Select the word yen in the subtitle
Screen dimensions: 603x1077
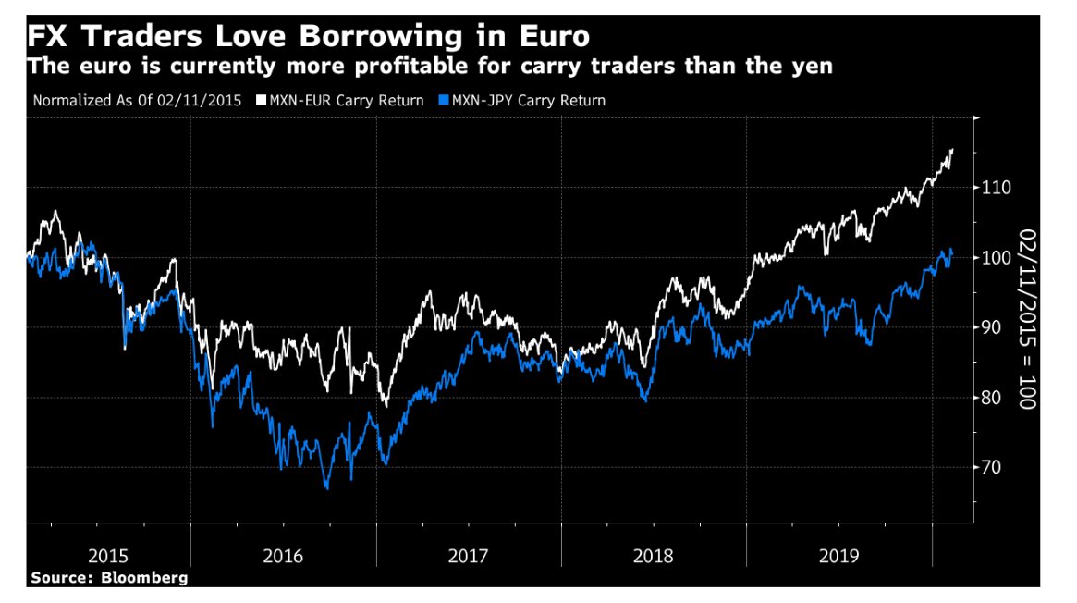tap(813, 68)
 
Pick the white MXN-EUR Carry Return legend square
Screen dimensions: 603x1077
tap(261, 100)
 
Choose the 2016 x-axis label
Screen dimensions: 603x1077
tap(283, 556)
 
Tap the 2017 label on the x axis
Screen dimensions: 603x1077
tap(469, 556)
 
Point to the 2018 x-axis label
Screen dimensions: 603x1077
tap(654, 556)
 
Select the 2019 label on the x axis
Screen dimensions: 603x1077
tap(838, 556)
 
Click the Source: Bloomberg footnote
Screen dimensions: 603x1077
tap(109, 577)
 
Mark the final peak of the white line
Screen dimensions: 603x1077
tap(952, 150)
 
